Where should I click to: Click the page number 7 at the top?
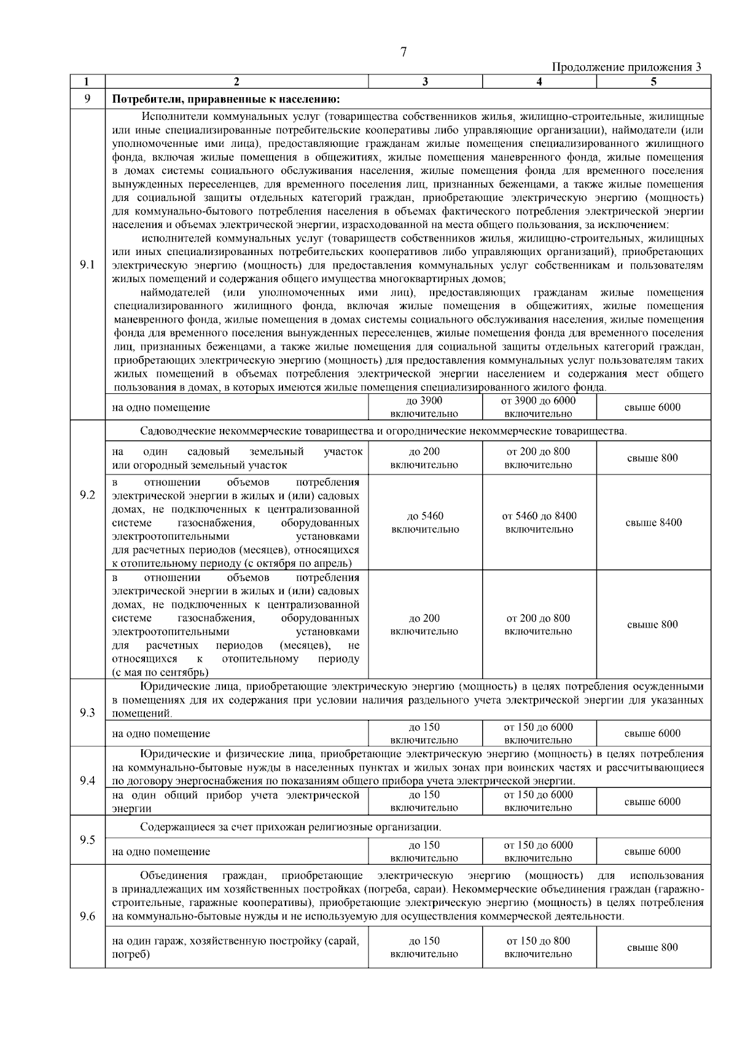point(404,53)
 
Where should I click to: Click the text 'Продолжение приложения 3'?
point(626,67)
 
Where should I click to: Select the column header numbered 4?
point(539,82)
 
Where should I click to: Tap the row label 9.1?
point(87,266)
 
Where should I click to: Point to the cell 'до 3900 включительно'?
point(424,407)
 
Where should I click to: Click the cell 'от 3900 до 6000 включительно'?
point(539,407)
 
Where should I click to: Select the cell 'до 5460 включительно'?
point(424,522)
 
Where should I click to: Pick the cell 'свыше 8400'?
point(653,522)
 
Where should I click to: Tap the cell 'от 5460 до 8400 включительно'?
point(539,522)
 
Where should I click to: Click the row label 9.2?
point(87,495)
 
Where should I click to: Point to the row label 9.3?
point(87,713)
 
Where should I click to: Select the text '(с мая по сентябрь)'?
point(160,672)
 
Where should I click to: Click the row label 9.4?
point(87,781)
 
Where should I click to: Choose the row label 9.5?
point(87,840)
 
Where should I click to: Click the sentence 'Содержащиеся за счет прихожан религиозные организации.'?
point(290,827)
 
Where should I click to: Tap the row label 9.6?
point(87,916)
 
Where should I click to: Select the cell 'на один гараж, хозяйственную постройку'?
point(236,947)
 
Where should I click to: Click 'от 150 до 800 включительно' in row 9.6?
point(539,947)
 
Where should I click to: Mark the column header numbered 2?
point(236,82)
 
